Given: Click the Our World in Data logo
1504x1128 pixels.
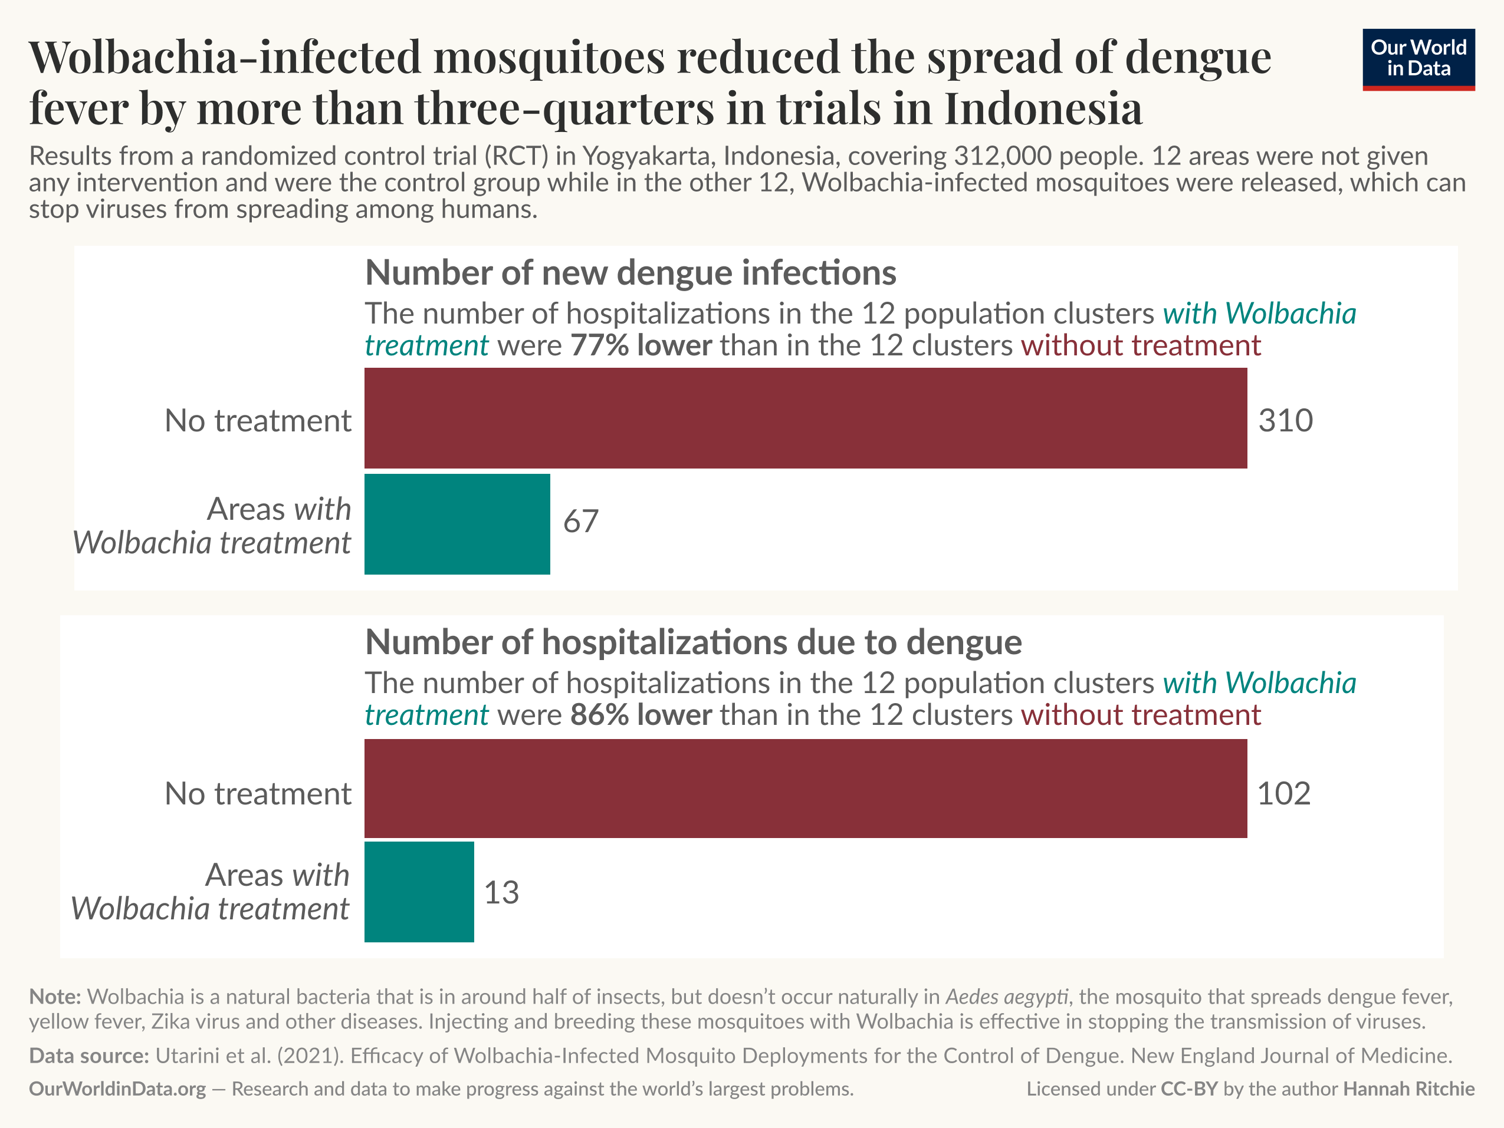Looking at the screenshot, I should click(x=1418, y=59).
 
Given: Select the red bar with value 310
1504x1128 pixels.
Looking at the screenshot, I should click(x=806, y=418).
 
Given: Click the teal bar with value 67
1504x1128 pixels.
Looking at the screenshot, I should click(x=457, y=524).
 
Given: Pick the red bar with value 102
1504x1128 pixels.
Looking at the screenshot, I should click(x=806, y=788).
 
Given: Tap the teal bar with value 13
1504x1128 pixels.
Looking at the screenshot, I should click(x=419, y=892).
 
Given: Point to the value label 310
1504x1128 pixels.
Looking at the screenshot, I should click(x=1285, y=421).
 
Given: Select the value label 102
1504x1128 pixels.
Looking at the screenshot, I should click(x=1283, y=794).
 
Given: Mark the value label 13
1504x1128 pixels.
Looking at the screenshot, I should click(x=501, y=892).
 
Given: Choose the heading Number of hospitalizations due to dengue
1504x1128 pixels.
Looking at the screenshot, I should click(x=693, y=642).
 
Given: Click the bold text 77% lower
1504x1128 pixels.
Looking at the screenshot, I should click(x=641, y=346).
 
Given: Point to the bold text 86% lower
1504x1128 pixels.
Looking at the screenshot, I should click(x=641, y=715).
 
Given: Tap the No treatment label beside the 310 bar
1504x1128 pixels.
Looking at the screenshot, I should click(x=258, y=421).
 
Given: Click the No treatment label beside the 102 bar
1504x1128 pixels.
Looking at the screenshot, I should click(x=258, y=794).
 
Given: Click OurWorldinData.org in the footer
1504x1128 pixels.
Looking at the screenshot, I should click(x=117, y=1089).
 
